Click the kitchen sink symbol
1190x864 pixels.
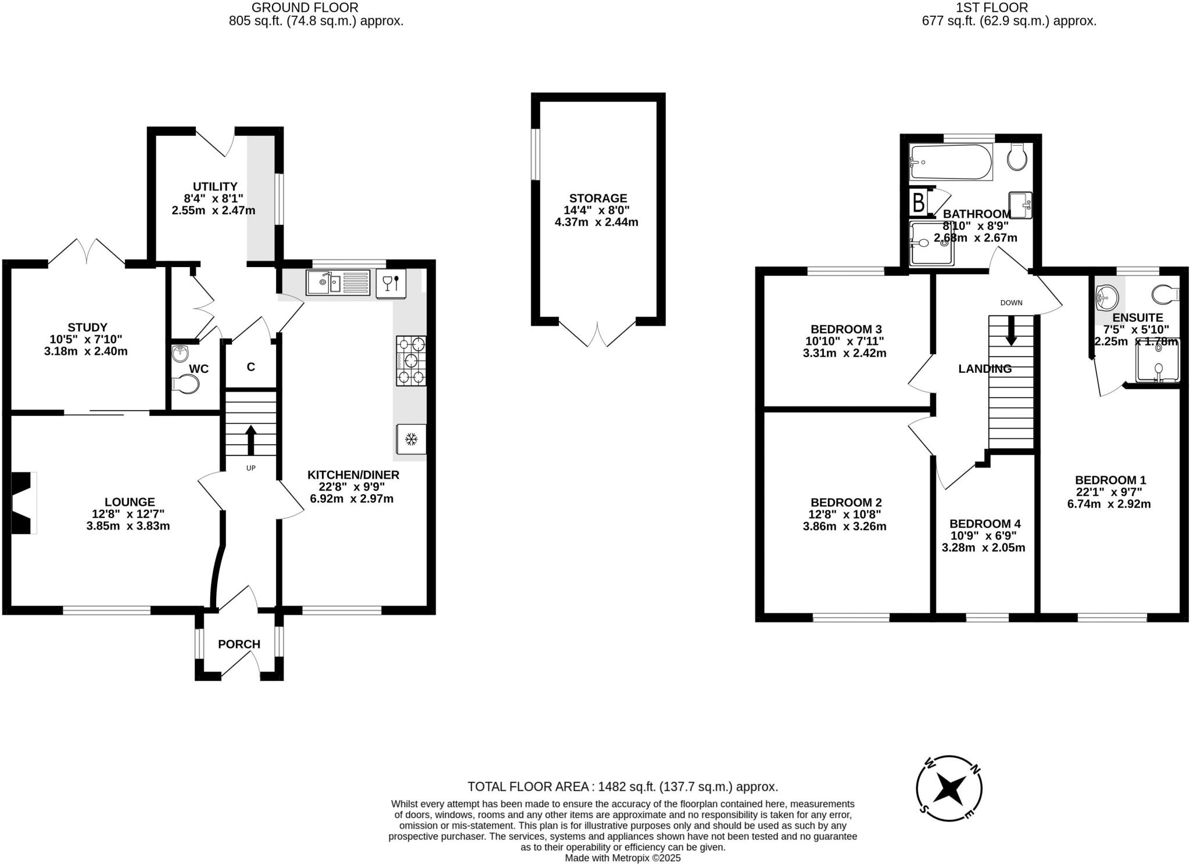point(338,283)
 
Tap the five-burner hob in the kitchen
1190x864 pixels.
point(411,361)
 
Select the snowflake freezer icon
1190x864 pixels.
point(411,439)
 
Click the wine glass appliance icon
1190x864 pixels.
point(391,283)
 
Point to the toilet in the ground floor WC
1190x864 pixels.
point(186,384)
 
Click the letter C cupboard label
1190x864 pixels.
point(250,367)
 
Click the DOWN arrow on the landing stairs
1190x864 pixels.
point(1011,330)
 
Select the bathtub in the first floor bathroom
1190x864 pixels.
point(951,162)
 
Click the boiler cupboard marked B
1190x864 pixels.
point(919,203)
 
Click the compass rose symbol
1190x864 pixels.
point(949,788)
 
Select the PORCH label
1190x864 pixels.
point(239,644)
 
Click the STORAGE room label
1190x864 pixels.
point(598,198)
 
